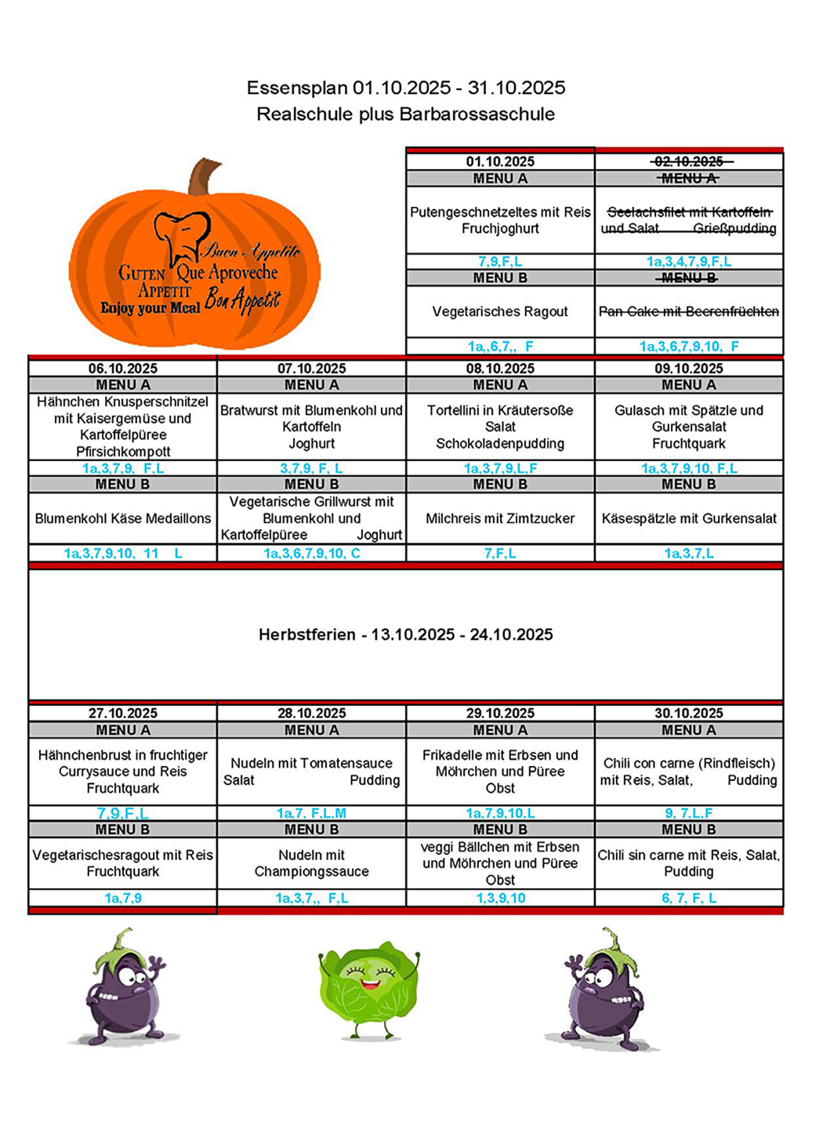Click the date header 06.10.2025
[x=123, y=368]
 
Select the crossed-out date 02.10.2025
[x=689, y=162]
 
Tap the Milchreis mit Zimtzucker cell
[x=500, y=518]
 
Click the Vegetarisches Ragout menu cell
[x=500, y=311]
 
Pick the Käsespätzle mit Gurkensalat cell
[x=689, y=518]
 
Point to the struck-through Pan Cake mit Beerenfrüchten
[x=689, y=311]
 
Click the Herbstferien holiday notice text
[x=405, y=634]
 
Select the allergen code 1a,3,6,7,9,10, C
[x=312, y=554]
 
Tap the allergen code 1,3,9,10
[x=500, y=898]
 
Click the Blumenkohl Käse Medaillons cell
[x=123, y=518]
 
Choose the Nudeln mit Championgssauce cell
[x=312, y=863]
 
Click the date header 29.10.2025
[x=500, y=713]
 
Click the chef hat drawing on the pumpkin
[x=182, y=235]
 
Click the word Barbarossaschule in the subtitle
[x=477, y=114]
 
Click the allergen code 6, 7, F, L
[x=689, y=898]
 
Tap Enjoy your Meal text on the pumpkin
[x=150, y=308]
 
